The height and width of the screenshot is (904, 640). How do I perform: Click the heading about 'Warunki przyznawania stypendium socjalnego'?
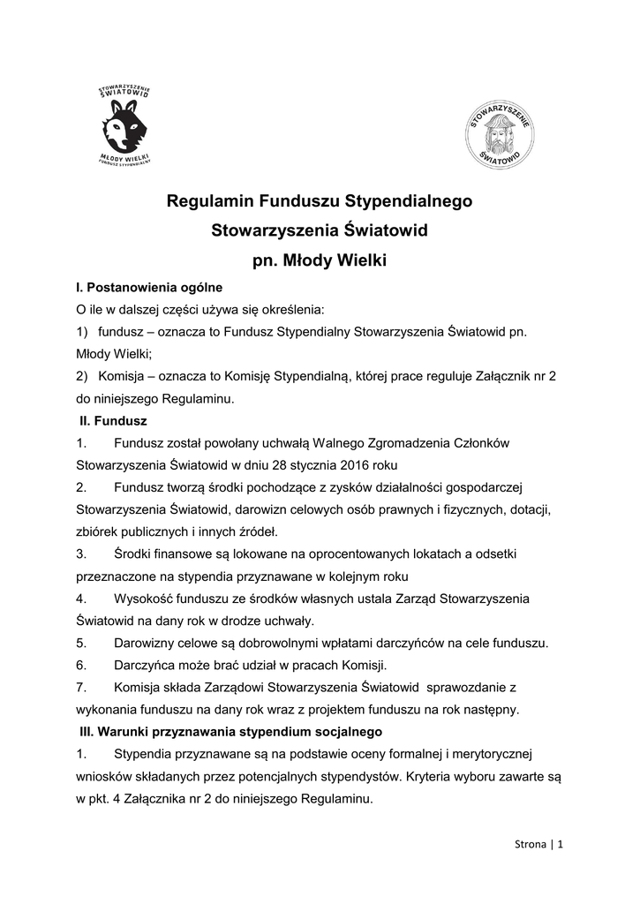[230, 732]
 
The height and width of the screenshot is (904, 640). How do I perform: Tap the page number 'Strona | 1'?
[538, 844]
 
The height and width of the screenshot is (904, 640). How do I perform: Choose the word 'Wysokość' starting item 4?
[142, 598]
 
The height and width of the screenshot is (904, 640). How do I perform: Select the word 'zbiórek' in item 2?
[98, 531]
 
